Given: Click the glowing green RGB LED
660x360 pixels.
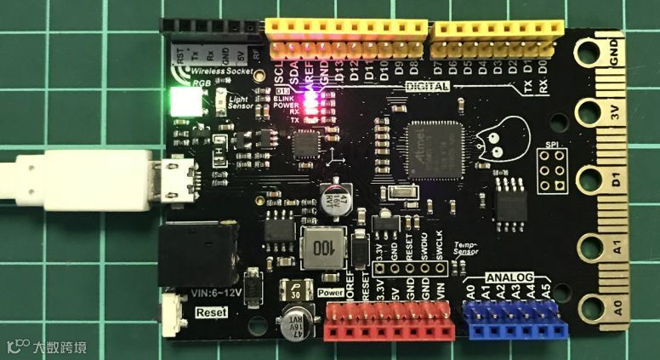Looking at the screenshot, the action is pyautogui.click(x=182, y=104).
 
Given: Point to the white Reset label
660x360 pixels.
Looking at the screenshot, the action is pyautogui.click(x=211, y=311).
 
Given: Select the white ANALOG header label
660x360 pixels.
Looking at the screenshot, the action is pyautogui.click(x=509, y=278).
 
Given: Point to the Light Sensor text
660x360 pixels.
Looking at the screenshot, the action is pyautogui.click(x=245, y=103).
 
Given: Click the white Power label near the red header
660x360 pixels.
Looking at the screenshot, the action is pyautogui.click(x=329, y=292).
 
